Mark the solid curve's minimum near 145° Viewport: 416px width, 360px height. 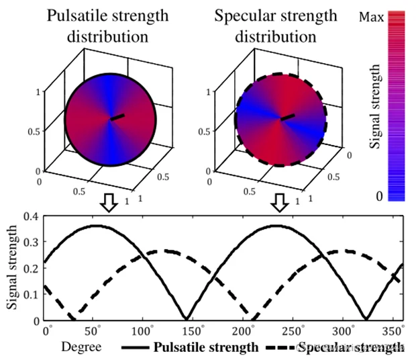coord(186,318)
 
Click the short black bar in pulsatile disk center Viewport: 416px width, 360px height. coord(118,117)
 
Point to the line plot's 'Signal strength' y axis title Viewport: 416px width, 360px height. coord(13,268)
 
